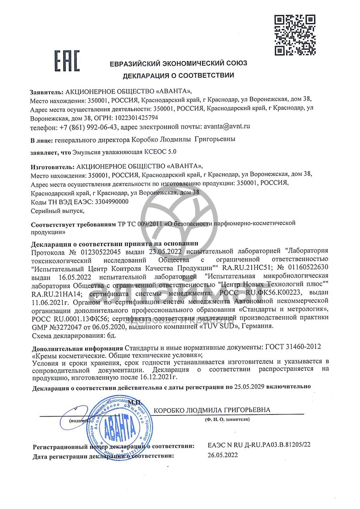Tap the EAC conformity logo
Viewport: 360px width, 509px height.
point(67,61)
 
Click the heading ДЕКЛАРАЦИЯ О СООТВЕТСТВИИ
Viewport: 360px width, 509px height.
point(178,75)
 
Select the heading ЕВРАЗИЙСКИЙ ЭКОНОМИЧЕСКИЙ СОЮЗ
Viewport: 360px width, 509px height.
point(178,63)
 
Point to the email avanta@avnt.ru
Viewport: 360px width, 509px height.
point(227,126)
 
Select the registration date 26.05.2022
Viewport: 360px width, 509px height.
point(222,455)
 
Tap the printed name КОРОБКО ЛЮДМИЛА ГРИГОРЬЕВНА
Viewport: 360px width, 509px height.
point(212,410)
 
